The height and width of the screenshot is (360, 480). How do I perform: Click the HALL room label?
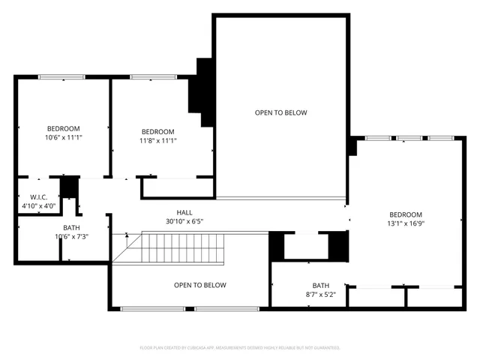184,212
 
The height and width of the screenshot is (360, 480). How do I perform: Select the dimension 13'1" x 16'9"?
405,223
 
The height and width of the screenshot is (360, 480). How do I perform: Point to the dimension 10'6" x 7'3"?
72,236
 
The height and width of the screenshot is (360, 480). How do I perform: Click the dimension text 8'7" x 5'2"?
321,294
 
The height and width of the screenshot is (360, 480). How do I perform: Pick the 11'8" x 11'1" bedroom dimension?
157,139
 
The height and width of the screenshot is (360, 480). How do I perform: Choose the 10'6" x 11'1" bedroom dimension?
64,137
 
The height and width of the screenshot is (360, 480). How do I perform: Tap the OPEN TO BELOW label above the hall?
280,112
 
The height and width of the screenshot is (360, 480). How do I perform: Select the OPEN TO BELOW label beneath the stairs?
199,285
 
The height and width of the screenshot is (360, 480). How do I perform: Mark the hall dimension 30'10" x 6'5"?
184,221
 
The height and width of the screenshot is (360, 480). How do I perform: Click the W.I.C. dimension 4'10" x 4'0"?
37,205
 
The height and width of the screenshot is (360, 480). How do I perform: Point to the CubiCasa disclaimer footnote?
240,347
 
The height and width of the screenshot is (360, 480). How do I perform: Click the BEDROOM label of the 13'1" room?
405,214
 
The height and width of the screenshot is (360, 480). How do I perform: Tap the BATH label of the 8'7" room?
321,285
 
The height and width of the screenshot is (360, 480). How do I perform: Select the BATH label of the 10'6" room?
72,227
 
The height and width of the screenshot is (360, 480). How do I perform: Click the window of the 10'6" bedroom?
62,76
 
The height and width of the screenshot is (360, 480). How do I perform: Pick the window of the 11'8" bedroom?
153,76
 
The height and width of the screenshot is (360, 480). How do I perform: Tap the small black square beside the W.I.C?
70,187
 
